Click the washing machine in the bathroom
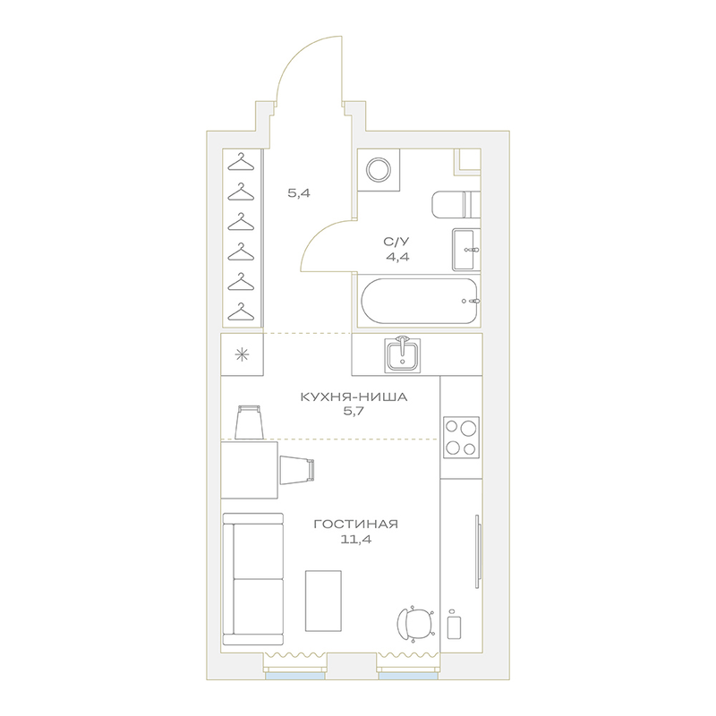(379, 170)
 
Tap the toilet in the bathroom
(456, 205)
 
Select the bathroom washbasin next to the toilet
(466, 250)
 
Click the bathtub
(419, 301)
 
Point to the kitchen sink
(402, 354)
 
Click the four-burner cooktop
(461, 438)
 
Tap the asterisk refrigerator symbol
(242, 354)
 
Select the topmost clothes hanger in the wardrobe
(241, 162)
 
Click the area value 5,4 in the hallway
(299, 193)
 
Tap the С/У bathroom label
(396, 242)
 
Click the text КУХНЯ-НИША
(354, 396)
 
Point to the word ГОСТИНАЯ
(355, 524)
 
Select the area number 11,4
(355, 540)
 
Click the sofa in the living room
(253, 579)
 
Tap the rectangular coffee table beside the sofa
(323, 601)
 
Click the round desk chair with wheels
(415, 623)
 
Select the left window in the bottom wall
(295, 676)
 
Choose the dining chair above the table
(250, 422)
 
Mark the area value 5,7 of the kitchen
(354, 412)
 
